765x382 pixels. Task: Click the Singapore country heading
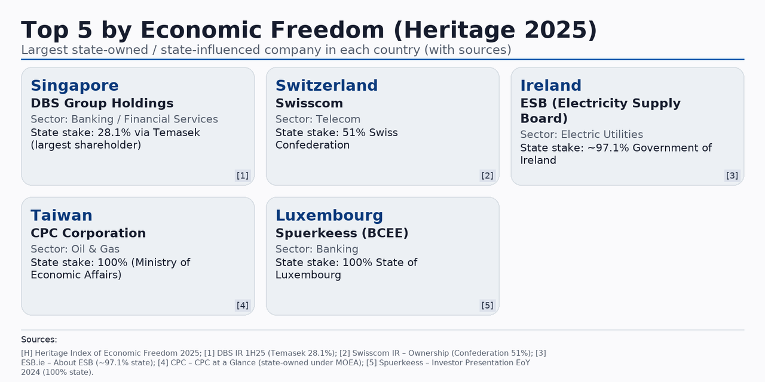tap(75, 85)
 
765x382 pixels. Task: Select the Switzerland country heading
tap(326, 85)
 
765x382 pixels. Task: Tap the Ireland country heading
tap(550, 85)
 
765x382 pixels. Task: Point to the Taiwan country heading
tap(62, 215)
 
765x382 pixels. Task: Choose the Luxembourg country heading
tap(329, 215)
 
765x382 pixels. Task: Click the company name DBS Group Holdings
tap(102, 103)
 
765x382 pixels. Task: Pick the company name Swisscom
tap(309, 103)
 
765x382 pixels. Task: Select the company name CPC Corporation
tap(88, 233)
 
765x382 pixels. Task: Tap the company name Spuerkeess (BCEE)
tap(342, 233)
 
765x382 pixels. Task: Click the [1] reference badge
tap(243, 175)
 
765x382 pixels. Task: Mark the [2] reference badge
tap(487, 175)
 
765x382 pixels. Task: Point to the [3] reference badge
tap(732, 175)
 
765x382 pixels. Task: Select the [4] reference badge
tap(243, 306)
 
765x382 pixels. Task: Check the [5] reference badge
tap(487, 306)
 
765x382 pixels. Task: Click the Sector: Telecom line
tap(318, 119)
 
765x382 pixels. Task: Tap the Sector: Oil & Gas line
tap(75, 249)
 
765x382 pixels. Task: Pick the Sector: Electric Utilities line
tap(582, 134)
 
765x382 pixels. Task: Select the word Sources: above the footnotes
tap(39, 340)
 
